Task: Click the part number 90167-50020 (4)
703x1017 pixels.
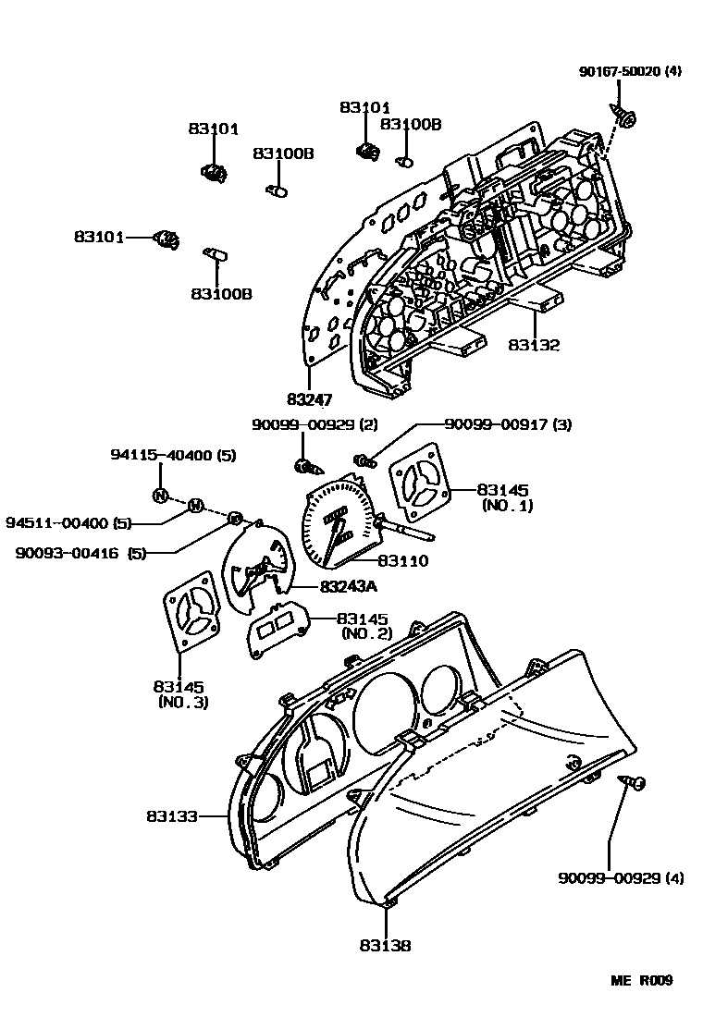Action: click(x=630, y=71)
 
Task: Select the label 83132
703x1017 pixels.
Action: click(x=534, y=345)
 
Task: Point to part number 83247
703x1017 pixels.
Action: click(x=309, y=399)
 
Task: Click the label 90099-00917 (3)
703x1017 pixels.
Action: click(x=508, y=424)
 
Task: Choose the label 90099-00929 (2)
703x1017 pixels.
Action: click(x=302, y=424)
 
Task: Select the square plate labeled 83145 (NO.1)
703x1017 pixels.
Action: click(x=423, y=484)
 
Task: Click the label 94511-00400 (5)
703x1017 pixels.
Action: click(x=69, y=522)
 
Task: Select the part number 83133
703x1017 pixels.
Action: click(x=172, y=816)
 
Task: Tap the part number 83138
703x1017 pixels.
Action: click(x=385, y=946)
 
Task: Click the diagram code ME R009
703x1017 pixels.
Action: click(x=640, y=981)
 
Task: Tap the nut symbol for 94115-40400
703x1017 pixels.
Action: click(x=159, y=495)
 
